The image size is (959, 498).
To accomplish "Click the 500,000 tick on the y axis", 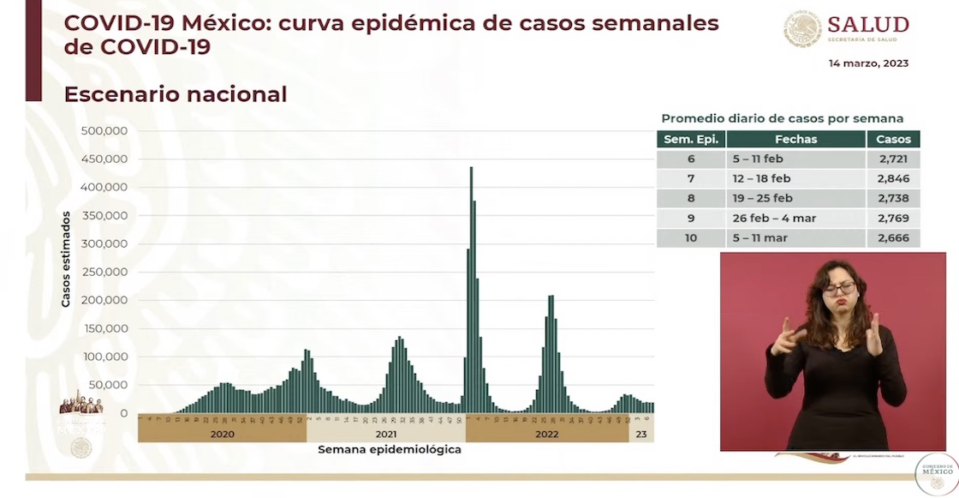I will point(104,131).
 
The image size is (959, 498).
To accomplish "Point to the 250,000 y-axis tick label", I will point(104,272).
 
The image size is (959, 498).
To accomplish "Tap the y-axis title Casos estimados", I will point(66,260).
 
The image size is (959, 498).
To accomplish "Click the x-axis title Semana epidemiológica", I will point(390,449).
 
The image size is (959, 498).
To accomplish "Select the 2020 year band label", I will point(222,434).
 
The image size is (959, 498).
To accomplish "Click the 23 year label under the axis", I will point(640,434).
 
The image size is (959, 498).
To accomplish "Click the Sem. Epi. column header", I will point(691,139).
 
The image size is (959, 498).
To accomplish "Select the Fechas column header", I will point(795,139).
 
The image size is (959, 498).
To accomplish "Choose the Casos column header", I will point(893,139).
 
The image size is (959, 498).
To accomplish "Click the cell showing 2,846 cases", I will point(893,178).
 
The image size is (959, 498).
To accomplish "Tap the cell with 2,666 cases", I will point(893,237).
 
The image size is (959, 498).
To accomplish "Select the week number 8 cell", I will point(691,198).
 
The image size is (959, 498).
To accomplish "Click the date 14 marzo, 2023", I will point(868,63).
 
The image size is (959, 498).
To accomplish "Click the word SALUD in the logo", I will point(868,24).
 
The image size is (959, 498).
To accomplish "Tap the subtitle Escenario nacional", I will point(176,94).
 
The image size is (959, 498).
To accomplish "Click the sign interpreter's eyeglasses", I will point(838,289).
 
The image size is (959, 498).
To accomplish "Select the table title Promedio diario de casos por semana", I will point(782,119).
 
